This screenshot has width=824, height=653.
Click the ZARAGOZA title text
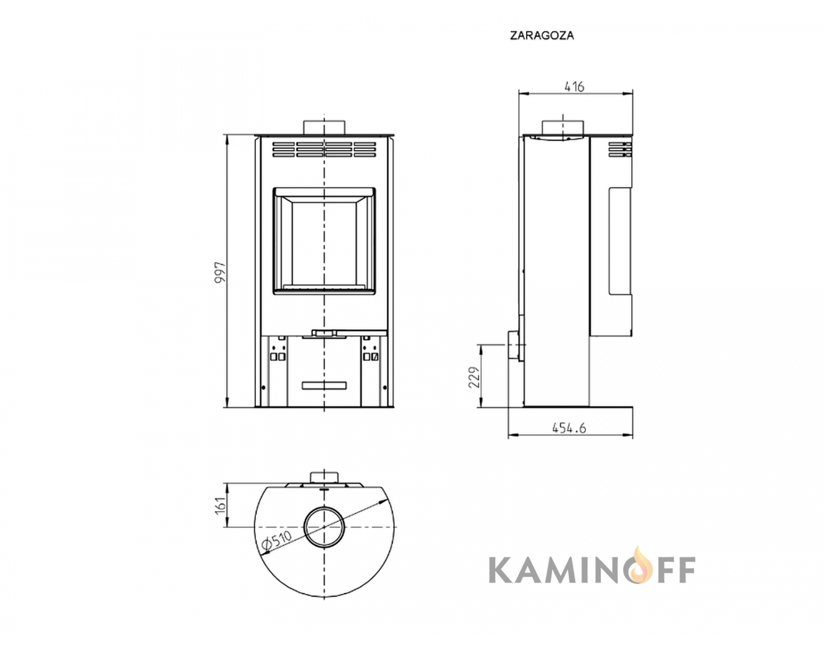[x=542, y=36]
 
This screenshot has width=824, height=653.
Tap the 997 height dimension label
[x=220, y=272]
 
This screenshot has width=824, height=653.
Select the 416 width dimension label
[x=575, y=87]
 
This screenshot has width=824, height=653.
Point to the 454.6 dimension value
[x=569, y=427]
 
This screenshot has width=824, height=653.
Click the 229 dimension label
[x=475, y=377]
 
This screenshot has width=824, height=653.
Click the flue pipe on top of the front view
[x=324, y=127]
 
